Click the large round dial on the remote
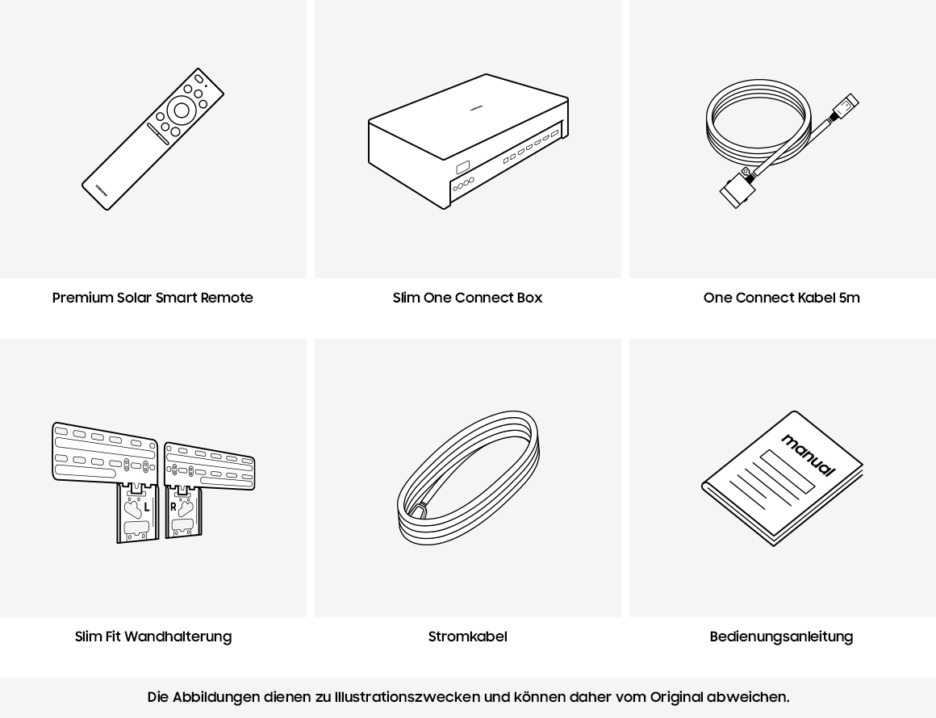tap(182, 111)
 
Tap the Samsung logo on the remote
tap(101, 190)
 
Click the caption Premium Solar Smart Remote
tap(153, 298)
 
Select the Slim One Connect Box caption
tap(467, 298)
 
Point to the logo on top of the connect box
tap(476, 106)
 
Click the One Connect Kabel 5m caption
tap(781, 298)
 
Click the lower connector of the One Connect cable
tap(737, 190)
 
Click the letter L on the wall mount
tap(147, 507)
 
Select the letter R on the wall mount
tap(173, 507)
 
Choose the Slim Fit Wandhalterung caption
tap(153, 637)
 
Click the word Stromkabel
tap(467, 637)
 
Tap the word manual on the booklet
tap(809, 455)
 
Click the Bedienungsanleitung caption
tap(781, 637)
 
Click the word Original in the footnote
tap(676, 697)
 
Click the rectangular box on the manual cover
tap(788, 471)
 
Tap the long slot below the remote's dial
tap(158, 134)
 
